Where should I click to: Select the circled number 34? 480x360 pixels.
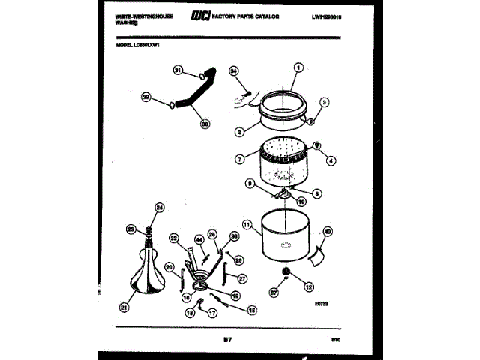tap(234, 71)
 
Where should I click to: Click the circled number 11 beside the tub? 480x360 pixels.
tap(246, 223)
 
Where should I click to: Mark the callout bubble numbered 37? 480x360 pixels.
tap(274, 295)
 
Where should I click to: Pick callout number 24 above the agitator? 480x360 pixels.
tap(159, 208)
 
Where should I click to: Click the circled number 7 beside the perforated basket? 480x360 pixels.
tap(239, 158)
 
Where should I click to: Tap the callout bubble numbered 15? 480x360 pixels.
tap(252, 309)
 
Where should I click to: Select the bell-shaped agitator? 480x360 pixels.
tap(148, 274)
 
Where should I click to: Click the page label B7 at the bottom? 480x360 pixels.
tap(226, 341)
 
